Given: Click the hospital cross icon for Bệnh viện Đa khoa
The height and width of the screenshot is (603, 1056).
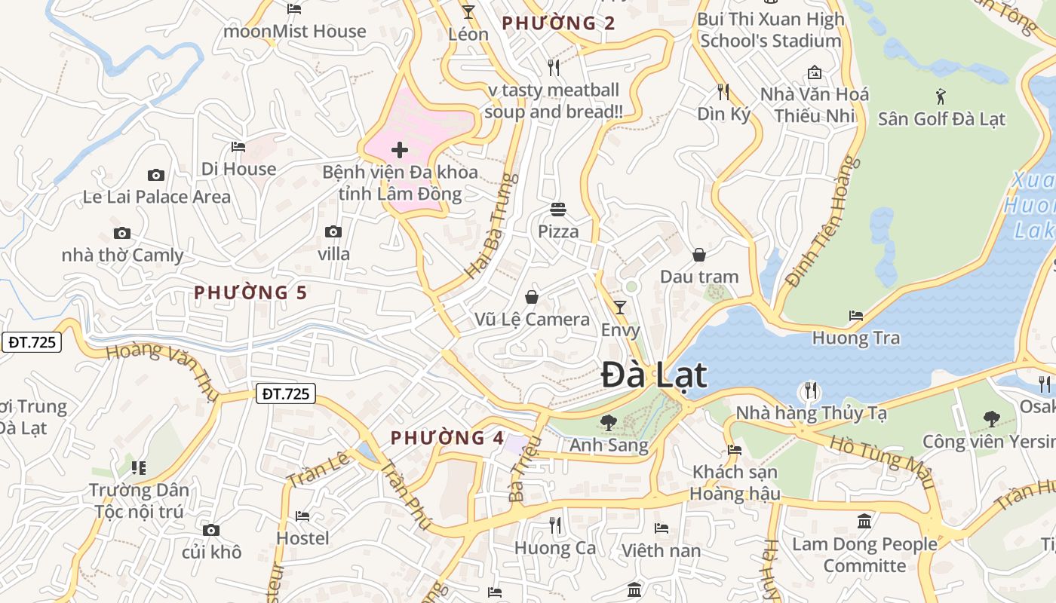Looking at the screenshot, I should [x=400, y=150].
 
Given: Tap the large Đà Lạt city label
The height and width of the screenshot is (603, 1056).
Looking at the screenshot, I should [x=654, y=375].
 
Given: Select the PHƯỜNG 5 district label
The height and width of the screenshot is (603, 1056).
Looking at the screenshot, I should [x=250, y=292].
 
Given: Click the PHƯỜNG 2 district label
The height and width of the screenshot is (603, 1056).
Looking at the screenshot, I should [x=558, y=23].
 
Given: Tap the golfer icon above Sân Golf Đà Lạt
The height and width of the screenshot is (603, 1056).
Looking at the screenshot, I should [x=940, y=96].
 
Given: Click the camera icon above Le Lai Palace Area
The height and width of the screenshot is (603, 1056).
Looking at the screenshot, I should [x=156, y=176].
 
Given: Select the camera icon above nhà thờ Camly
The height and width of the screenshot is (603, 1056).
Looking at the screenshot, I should [x=121, y=234].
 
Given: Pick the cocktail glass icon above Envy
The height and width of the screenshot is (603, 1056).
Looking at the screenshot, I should [x=619, y=307].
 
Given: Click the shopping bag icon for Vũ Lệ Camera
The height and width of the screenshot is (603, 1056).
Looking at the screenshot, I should [x=532, y=297].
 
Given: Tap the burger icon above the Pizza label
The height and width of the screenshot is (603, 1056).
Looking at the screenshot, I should [x=558, y=209].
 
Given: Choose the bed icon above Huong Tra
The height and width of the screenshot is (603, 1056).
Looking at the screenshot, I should [x=855, y=315].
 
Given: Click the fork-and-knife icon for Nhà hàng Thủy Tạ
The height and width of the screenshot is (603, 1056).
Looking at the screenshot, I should [x=811, y=390].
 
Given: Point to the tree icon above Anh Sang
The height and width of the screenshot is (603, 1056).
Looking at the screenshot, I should [x=607, y=422].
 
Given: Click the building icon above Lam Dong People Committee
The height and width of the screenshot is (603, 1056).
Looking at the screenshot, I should [x=864, y=521].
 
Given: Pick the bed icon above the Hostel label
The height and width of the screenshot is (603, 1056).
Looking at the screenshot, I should [x=302, y=516].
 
